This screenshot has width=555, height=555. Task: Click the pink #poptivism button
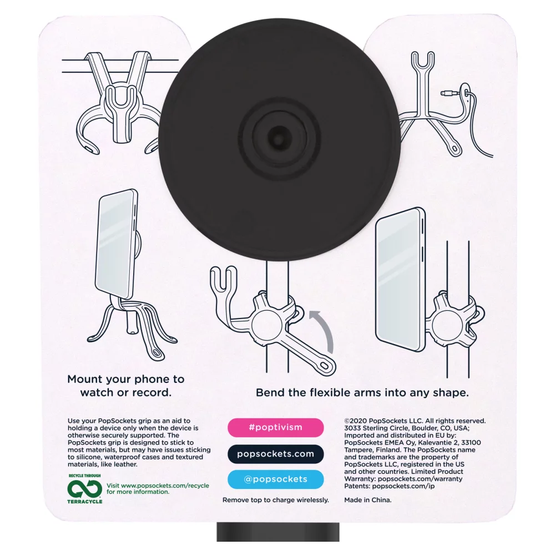tap(275, 427)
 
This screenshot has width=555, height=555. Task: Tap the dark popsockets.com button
tap(275, 453)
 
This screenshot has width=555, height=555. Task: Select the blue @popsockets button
tap(275, 480)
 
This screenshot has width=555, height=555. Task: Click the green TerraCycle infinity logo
tap(84, 488)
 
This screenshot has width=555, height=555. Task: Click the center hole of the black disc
tap(275, 134)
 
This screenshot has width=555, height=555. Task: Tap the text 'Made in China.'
tap(368, 500)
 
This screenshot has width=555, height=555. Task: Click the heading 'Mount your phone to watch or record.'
tap(125, 386)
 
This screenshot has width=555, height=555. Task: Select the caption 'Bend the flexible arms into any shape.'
tap(362, 392)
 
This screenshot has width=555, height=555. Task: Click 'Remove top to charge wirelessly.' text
tap(275, 500)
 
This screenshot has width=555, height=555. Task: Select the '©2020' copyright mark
tap(357, 421)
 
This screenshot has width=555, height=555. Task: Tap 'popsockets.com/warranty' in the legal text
tap(419, 478)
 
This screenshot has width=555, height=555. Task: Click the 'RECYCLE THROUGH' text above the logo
tap(85, 476)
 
